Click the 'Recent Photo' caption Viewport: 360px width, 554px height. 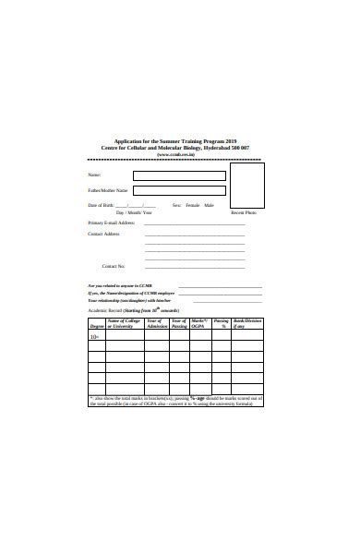point(244,213)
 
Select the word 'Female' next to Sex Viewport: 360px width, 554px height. point(192,205)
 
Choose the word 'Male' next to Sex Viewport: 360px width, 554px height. point(209,205)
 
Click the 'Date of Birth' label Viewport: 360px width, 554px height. point(101,205)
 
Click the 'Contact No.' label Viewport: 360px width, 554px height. point(114,266)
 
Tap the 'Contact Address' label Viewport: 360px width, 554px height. point(103,234)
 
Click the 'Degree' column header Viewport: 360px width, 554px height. point(96,327)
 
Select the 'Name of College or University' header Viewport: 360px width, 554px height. point(124,323)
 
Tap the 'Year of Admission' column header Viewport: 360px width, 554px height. point(156,323)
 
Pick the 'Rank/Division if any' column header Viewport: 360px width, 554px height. point(247,323)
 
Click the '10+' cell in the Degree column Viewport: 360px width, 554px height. point(95,337)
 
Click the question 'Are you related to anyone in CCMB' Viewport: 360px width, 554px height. point(123,285)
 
